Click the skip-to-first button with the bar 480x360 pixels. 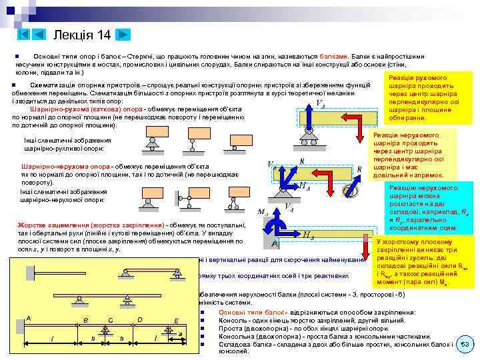[x=23, y=34]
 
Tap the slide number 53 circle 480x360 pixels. [x=465, y=344]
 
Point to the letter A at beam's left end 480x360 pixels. [x=28, y=318]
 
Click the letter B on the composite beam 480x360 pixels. [x=85, y=320]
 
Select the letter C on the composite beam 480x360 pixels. [x=110, y=320]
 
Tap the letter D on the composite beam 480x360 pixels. [x=139, y=319]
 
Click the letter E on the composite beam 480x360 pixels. [x=175, y=320]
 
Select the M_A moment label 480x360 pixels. [x=263, y=213]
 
